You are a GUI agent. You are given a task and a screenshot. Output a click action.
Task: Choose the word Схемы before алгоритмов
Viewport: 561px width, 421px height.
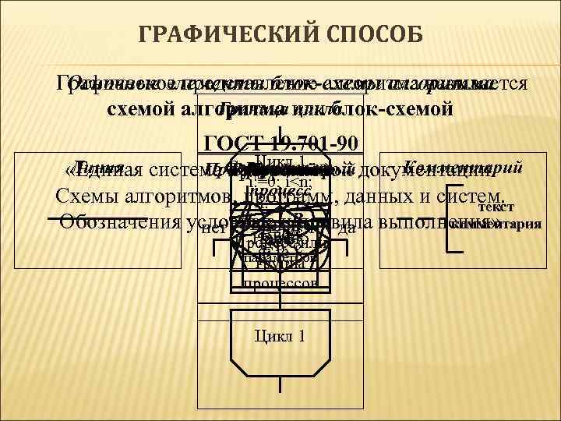pyautogui.click(x=88, y=195)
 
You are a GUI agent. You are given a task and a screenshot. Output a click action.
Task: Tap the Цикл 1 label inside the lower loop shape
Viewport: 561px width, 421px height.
pyautogui.click(x=280, y=336)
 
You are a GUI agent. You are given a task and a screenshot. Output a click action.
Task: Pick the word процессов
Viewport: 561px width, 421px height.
pyautogui.click(x=280, y=284)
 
